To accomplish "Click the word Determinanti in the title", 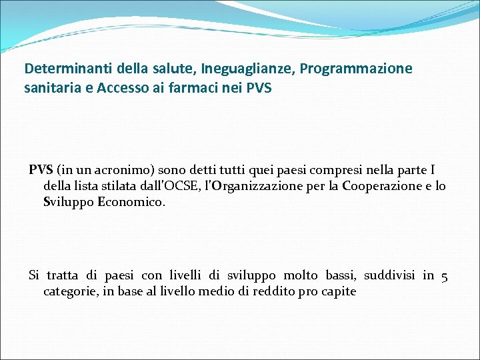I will (63, 69).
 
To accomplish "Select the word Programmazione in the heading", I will (356, 69).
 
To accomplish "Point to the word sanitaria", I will (49, 87).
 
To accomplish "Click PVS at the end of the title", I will (259, 87).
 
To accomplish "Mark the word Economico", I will (130, 201).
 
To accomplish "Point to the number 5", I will (444, 275).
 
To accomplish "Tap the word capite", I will (339, 291).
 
